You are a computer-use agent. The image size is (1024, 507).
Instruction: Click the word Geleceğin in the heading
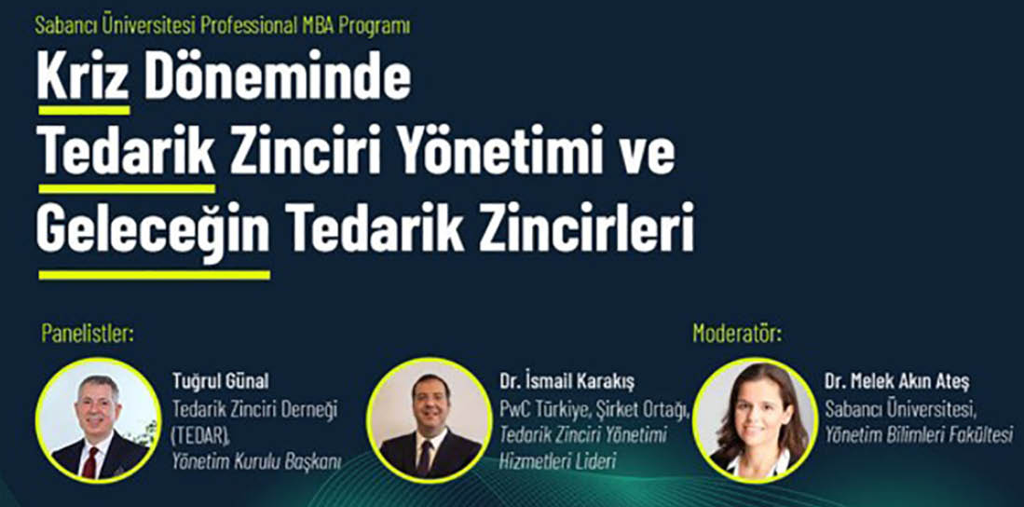(x=153, y=233)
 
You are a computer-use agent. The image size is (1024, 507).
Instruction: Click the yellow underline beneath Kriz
(x=84, y=110)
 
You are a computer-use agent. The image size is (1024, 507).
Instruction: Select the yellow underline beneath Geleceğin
(x=154, y=275)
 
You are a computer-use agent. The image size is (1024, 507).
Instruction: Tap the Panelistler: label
(x=88, y=334)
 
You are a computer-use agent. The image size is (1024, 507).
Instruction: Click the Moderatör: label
(x=737, y=334)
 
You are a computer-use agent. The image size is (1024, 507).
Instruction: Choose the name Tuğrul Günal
(x=220, y=381)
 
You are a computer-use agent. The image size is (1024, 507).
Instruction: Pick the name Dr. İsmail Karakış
(x=567, y=381)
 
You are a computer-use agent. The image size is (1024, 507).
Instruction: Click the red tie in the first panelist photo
(x=90, y=462)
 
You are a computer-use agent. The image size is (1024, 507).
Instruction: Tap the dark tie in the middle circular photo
(x=425, y=458)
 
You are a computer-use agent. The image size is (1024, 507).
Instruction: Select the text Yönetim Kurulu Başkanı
(x=256, y=462)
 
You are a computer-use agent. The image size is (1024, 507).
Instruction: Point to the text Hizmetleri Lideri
(x=557, y=462)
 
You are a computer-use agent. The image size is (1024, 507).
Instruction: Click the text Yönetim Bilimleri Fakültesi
(x=919, y=434)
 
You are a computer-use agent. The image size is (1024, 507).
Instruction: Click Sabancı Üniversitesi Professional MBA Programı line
(x=223, y=26)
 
